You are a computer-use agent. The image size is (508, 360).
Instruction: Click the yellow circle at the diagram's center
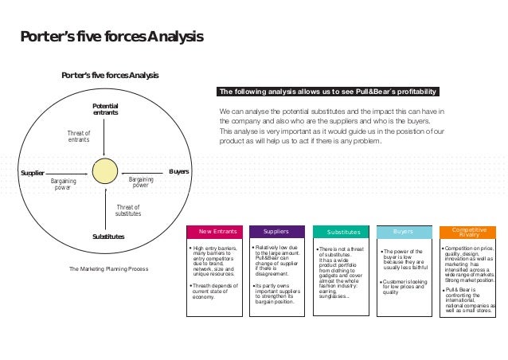[105, 171]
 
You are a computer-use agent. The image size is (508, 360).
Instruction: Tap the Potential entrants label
[105, 110]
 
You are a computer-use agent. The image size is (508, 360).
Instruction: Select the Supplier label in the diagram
[31, 171]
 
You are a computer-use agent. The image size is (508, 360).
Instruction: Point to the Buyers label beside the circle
[178, 171]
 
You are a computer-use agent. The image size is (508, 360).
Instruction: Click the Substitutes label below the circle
[107, 237]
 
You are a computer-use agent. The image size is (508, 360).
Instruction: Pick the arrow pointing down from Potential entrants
[105, 139]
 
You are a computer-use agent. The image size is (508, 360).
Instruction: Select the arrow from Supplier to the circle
[67, 171]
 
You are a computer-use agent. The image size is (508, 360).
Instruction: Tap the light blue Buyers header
[403, 232]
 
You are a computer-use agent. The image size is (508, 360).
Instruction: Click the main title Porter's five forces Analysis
[111, 37]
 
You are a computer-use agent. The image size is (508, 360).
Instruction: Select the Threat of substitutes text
[128, 210]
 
